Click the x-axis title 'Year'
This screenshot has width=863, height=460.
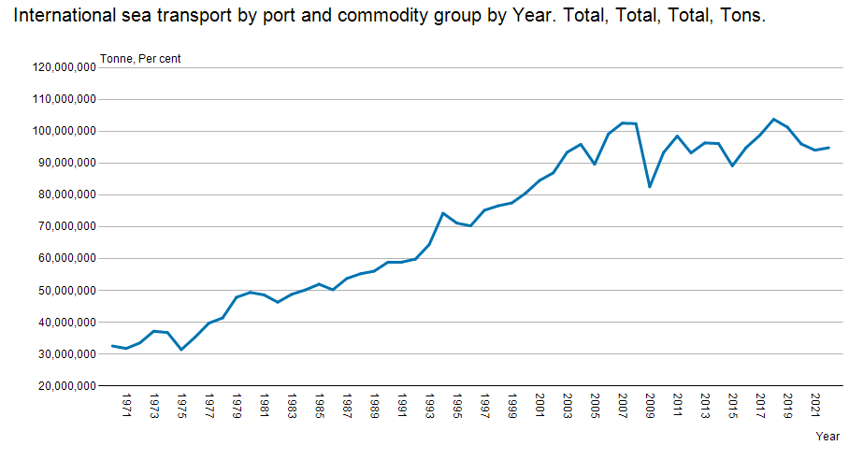coord(827,437)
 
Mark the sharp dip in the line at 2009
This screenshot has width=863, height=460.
coord(650,187)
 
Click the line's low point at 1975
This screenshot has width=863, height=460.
coord(181,350)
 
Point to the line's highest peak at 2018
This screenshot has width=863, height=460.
coord(773,119)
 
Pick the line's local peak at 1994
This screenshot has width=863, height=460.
coord(443,213)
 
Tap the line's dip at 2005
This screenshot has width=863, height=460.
coord(595,164)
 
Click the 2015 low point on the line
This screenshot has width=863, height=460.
coord(732,165)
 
